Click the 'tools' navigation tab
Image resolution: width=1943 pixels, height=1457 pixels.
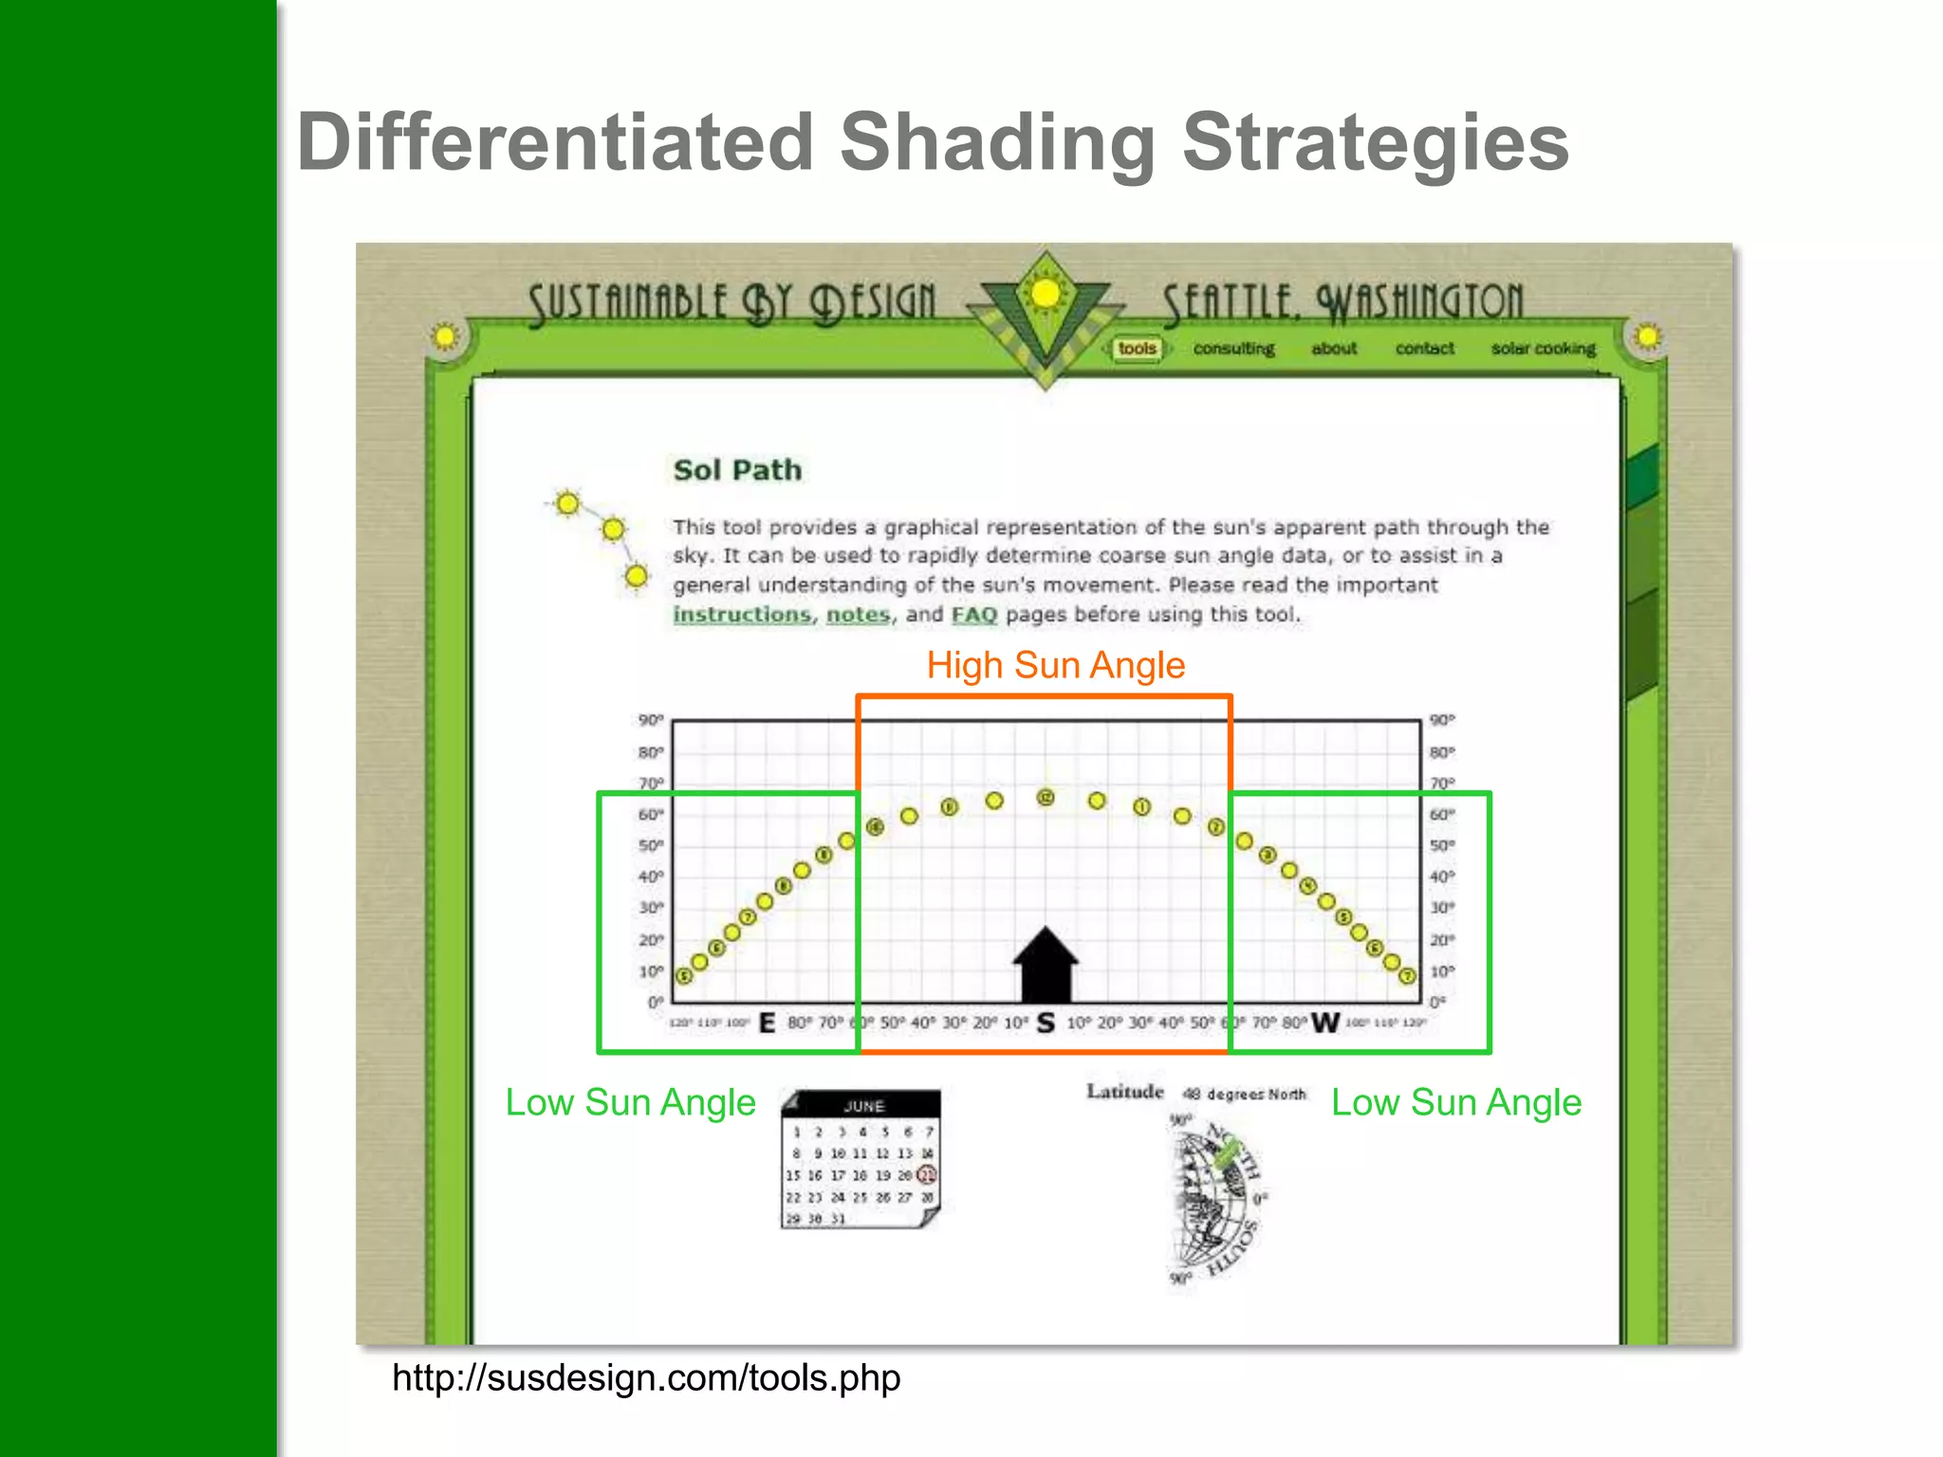pyautogui.click(x=1137, y=349)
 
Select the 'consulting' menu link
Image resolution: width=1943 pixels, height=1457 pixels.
pyautogui.click(x=1233, y=349)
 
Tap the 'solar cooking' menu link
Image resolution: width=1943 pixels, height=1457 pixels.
pyautogui.click(x=1543, y=349)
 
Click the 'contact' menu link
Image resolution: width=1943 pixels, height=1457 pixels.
pyautogui.click(x=1424, y=349)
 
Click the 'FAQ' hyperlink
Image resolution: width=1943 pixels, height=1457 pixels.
pyautogui.click(x=974, y=615)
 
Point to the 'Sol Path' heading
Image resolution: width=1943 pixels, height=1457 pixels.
pyautogui.click(x=737, y=470)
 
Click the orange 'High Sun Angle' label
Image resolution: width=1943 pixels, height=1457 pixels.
pyautogui.click(x=1055, y=665)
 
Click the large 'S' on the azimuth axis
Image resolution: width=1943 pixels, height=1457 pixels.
pyautogui.click(x=1046, y=1024)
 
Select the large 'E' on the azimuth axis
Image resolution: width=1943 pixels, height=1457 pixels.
pyautogui.click(x=768, y=1024)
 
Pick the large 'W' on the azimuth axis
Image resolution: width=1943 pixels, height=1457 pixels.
pyautogui.click(x=1324, y=1024)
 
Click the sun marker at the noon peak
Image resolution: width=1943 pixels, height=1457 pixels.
pyautogui.click(x=1046, y=798)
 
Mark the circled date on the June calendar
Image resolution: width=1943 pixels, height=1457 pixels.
pyautogui.click(x=927, y=1175)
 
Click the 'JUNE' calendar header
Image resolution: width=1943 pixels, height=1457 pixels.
pyautogui.click(x=863, y=1106)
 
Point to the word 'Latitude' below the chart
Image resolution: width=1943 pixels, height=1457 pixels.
pyautogui.click(x=1124, y=1092)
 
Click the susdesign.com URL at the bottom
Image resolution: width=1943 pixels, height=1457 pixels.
pyautogui.click(x=646, y=1377)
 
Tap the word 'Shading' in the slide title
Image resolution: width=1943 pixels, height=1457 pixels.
pyautogui.click(x=997, y=142)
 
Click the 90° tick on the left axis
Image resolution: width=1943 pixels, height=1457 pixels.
pyautogui.click(x=651, y=721)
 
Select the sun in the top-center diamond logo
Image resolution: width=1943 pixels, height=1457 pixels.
pyautogui.click(x=1046, y=294)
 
